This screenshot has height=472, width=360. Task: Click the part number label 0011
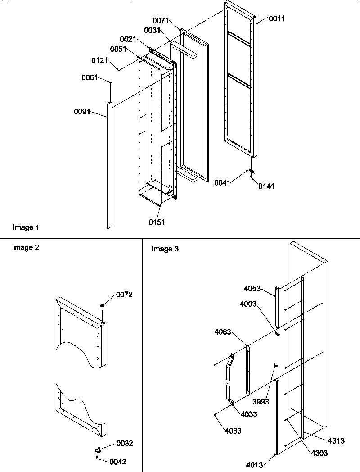(x=277, y=18)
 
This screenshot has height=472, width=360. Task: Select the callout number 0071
(x=161, y=21)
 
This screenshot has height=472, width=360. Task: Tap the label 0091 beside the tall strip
(x=82, y=111)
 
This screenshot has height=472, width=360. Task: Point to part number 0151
(x=157, y=222)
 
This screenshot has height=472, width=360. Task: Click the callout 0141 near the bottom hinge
(x=265, y=186)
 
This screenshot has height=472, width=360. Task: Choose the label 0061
(x=90, y=78)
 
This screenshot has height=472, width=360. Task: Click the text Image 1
(x=26, y=228)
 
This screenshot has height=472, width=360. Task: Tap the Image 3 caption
(x=165, y=249)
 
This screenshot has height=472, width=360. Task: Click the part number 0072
(x=124, y=295)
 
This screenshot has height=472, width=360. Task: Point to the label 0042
(x=118, y=462)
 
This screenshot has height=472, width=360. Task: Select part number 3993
(x=261, y=402)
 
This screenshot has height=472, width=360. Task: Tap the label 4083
(x=233, y=431)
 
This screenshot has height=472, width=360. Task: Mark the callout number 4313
(x=337, y=441)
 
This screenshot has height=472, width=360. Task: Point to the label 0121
(x=100, y=59)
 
